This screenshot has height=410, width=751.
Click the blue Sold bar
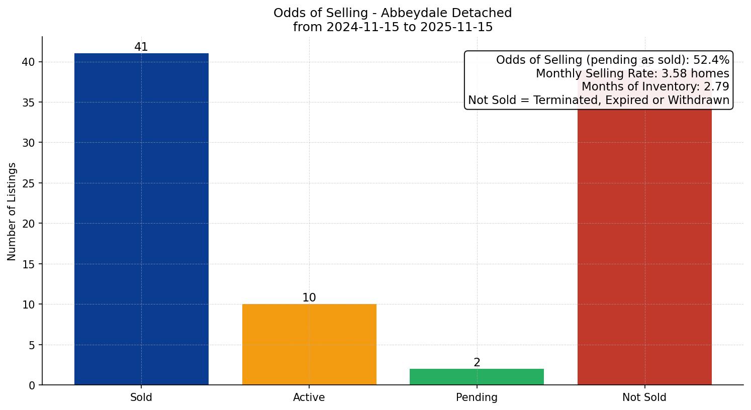(141, 219)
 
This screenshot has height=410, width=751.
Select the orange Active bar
(309, 344)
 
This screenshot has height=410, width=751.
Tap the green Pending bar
(477, 377)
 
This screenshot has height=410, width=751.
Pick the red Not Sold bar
(644, 251)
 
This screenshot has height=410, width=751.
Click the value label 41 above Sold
(141, 47)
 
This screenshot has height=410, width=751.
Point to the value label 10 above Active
(309, 298)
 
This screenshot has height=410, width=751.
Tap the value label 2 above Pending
(477, 363)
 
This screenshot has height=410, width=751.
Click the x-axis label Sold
(141, 397)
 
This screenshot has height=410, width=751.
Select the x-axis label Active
(309, 397)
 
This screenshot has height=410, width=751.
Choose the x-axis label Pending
(477, 397)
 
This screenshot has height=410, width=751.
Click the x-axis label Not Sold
(644, 397)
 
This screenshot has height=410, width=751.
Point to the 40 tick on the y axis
(29, 62)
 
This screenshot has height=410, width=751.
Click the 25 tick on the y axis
(29, 183)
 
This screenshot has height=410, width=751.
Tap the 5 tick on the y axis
(32, 345)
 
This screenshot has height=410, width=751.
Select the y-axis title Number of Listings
(12, 212)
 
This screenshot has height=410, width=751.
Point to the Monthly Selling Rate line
(632, 74)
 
